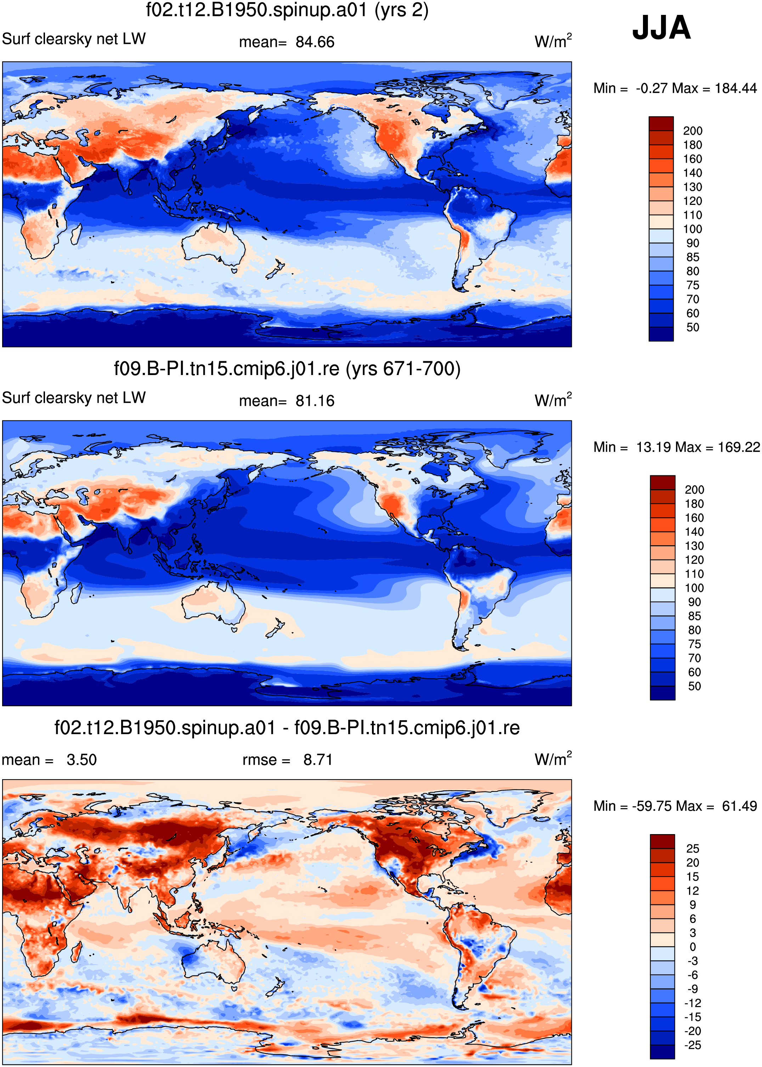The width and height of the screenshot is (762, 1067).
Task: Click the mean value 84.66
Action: pyautogui.click(x=315, y=42)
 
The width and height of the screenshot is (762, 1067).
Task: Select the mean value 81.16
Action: pyautogui.click(x=315, y=401)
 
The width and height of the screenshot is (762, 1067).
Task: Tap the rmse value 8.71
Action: pyautogui.click(x=318, y=760)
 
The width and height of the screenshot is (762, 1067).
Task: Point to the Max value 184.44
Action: pyautogui.click(x=736, y=88)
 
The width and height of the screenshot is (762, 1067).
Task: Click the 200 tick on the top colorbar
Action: pyautogui.click(x=693, y=131)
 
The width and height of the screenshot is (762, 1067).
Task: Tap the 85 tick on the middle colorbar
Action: pyautogui.click(x=694, y=616)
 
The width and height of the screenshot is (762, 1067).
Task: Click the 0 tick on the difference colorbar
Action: pyautogui.click(x=693, y=947)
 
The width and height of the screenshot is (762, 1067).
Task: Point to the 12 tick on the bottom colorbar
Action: pyautogui.click(x=693, y=890)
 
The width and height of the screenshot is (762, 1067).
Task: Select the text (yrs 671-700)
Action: pyautogui.click(x=403, y=369)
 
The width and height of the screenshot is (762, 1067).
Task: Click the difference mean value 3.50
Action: pyautogui.click(x=81, y=760)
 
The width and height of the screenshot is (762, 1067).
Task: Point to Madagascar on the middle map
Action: pyautogui.click(x=75, y=593)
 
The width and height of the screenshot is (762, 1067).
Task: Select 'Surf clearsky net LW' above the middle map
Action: pyautogui.click(x=74, y=398)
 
